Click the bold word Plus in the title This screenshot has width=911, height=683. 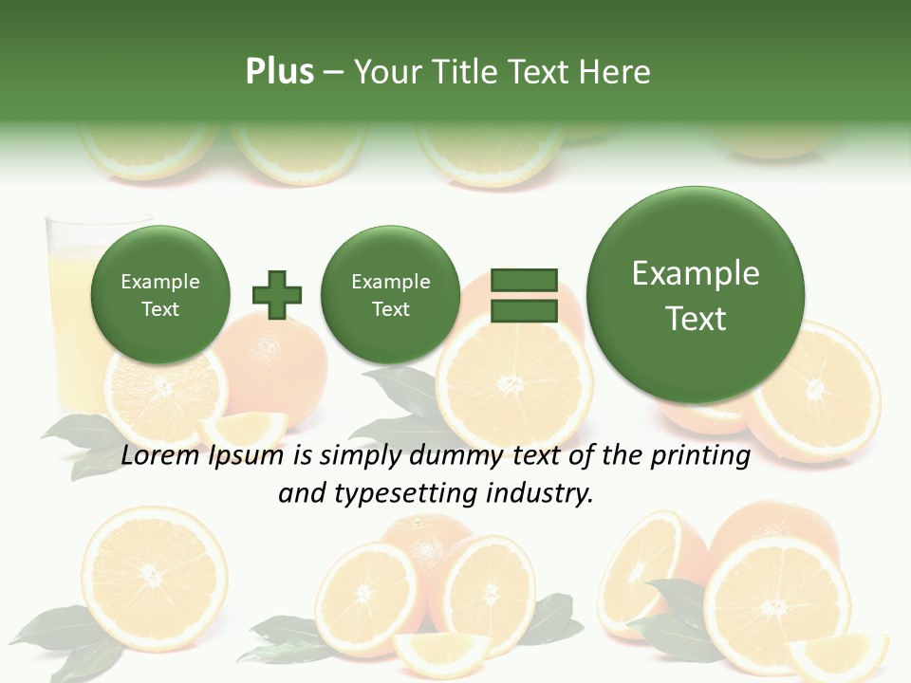(x=279, y=72)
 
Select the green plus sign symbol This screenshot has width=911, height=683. (x=277, y=294)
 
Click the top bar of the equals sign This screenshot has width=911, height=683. (x=524, y=280)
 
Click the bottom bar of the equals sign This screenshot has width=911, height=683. (x=524, y=311)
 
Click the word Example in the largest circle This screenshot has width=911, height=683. (x=696, y=273)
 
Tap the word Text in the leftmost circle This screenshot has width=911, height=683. (x=160, y=309)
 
